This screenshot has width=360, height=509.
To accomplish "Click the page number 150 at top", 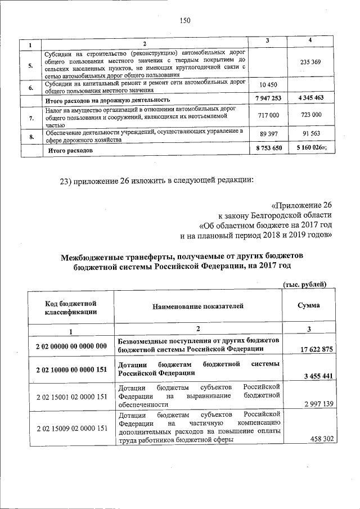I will tap(185, 21).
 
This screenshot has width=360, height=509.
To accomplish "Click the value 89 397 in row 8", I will tap(268, 136).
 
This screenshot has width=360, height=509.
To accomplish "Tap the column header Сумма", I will tap(309, 305).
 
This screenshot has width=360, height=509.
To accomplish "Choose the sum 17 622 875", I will tap(316, 349).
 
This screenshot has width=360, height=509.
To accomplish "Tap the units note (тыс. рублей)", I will tap(304, 285).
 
